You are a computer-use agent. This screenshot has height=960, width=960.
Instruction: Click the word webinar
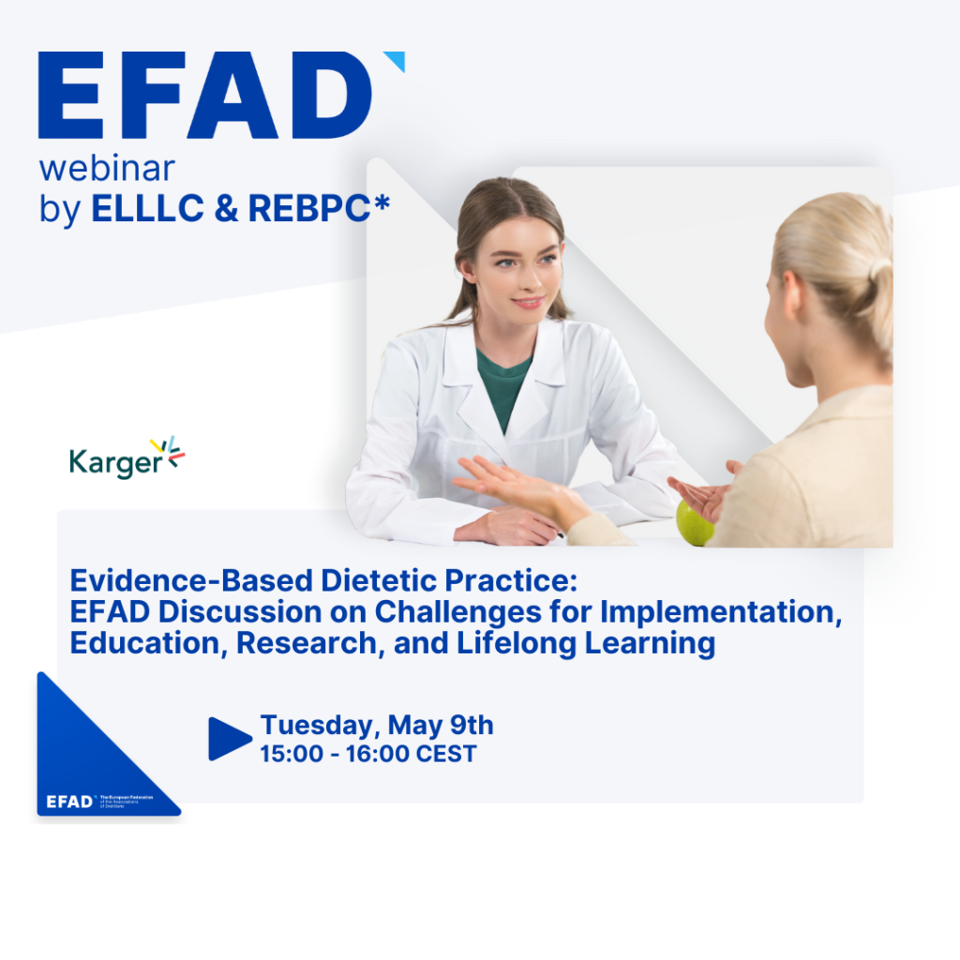(107, 169)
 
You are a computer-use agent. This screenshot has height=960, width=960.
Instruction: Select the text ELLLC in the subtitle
(147, 208)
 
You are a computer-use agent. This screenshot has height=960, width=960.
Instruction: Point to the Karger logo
(127, 458)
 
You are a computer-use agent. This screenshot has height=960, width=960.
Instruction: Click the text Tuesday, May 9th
(376, 725)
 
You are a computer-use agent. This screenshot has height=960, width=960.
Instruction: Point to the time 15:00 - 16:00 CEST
(367, 754)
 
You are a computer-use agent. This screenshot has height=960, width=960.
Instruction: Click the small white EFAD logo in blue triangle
(71, 802)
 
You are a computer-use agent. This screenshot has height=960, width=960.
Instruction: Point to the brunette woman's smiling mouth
(527, 302)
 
